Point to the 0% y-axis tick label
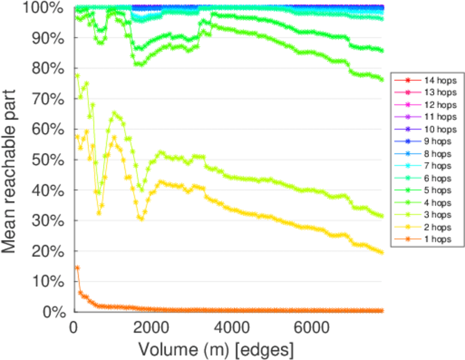(53, 312)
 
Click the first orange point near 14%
(77, 268)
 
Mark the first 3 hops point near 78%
(77, 76)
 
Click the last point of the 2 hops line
(382, 252)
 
